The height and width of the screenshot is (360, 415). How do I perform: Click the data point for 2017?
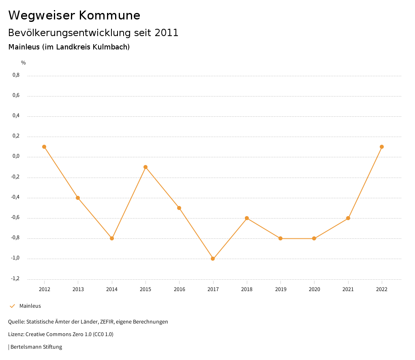tap(213, 259)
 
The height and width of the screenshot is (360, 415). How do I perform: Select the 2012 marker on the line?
tap(44, 147)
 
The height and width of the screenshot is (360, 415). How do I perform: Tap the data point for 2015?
tap(145, 167)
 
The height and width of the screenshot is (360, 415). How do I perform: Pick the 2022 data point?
tap(382, 147)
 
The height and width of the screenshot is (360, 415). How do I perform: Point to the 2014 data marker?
tap(112, 238)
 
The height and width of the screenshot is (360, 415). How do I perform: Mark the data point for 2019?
tap(280, 238)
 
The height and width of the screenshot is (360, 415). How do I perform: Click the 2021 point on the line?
tap(348, 218)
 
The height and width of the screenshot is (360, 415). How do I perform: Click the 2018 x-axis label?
tap(247, 289)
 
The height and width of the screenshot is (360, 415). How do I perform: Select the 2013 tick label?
tap(78, 289)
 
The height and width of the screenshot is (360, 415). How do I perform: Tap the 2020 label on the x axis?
tap(314, 289)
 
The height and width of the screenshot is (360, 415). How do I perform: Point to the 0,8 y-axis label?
tap(16, 75)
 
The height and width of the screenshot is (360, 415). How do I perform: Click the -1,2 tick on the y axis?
tap(15, 279)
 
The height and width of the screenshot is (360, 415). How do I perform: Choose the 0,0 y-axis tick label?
tap(16, 156)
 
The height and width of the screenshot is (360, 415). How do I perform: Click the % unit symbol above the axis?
tap(24, 63)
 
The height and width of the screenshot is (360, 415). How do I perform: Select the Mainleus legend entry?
tap(30, 306)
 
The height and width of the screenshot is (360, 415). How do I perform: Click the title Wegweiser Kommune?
tap(74, 15)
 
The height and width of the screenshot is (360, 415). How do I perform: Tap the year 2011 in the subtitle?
tap(167, 33)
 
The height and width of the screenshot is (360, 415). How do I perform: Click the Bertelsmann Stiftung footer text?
tap(36, 347)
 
